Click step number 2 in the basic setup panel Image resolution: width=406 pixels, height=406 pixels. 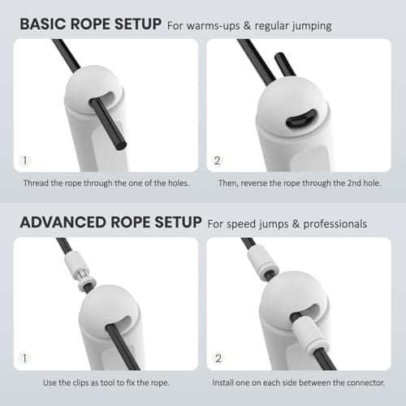pos(218,159)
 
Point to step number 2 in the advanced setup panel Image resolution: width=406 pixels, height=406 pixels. pos(218,357)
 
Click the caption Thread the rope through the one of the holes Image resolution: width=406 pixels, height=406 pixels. pos(106,184)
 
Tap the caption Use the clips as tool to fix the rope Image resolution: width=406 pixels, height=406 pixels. pos(106,382)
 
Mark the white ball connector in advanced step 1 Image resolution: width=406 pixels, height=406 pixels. pos(106,309)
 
